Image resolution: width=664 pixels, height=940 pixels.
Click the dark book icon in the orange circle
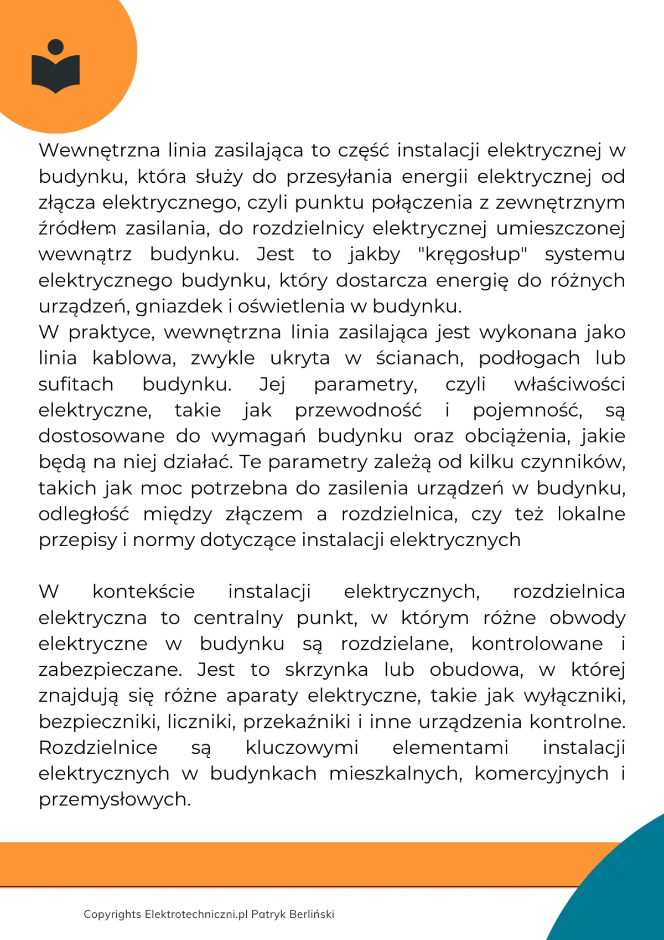pos(56,73)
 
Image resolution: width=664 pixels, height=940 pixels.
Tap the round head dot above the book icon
pos(56,47)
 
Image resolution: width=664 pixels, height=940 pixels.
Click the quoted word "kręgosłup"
pos(472,254)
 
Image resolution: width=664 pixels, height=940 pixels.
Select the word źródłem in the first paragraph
pos(77,228)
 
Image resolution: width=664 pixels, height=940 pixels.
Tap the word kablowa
pos(134,358)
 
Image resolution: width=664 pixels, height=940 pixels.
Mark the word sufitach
pos(76,384)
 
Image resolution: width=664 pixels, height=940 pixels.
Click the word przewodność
pos(358,410)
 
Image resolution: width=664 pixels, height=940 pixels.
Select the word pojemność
pos(527,410)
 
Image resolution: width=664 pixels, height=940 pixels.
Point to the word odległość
pos(84,515)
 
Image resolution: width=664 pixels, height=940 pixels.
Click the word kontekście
pos(143,592)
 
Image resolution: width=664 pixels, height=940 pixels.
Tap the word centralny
pos(238,618)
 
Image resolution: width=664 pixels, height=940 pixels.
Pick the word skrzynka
pos(326,670)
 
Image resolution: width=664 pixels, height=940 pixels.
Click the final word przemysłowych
pos(115,799)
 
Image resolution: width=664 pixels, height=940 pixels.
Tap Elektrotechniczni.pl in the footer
pos(196,914)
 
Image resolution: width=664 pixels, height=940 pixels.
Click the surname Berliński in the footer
pos(312,914)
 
